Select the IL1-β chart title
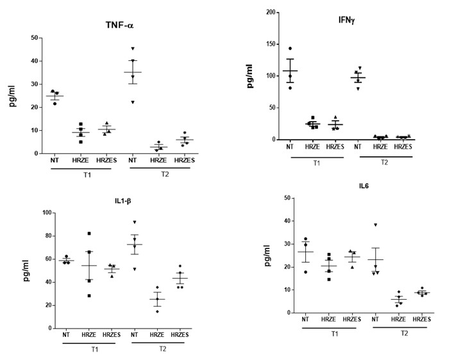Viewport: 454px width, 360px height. (x=124, y=200)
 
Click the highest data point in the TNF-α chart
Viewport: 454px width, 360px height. (x=133, y=49)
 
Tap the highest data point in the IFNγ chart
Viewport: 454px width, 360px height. (x=290, y=49)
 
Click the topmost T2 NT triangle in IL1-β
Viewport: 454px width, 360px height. (x=135, y=222)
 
